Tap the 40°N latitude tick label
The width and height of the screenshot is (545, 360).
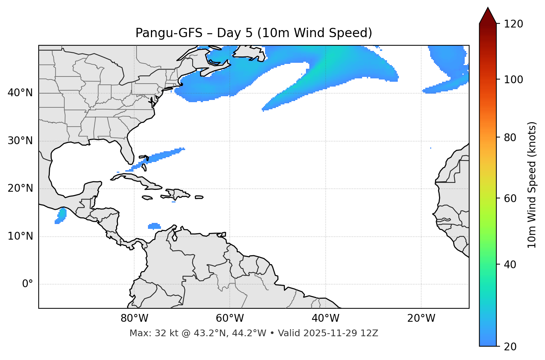pyautogui.click(x=20, y=93)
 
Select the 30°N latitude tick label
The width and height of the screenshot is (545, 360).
pyautogui.click(x=20, y=141)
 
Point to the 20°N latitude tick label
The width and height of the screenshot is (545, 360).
pyautogui.click(x=20, y=188)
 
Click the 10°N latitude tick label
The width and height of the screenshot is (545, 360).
pyautogui.click(x=20, y=236)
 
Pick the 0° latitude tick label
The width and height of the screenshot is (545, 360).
pyautogui.click(x=28, y=284)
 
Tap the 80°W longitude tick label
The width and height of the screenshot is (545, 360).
pyautogui.click(x=134, y=318)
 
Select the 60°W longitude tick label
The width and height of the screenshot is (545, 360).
pyautogui.click(x=229, y=318)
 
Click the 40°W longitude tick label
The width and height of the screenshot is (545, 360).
pyautogui.click(x=325, y=318)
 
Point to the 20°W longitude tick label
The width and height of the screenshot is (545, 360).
pyautogui.click(x=421, y=318)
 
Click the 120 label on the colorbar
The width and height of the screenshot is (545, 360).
pyautogui.click(x=513, y=24)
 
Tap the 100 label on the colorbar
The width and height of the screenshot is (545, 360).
pyautogui.click(x=513, y=80)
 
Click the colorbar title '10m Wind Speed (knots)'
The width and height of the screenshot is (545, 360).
pyautogui.click(x=532, y=185)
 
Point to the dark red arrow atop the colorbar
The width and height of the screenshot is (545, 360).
pyautogui.click(x=488, y=16)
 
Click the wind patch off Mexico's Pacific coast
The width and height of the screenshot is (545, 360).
pyautogui.click(x=61, y=216)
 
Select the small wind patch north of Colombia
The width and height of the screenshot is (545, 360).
pyautogui.click(x=154, y=226)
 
